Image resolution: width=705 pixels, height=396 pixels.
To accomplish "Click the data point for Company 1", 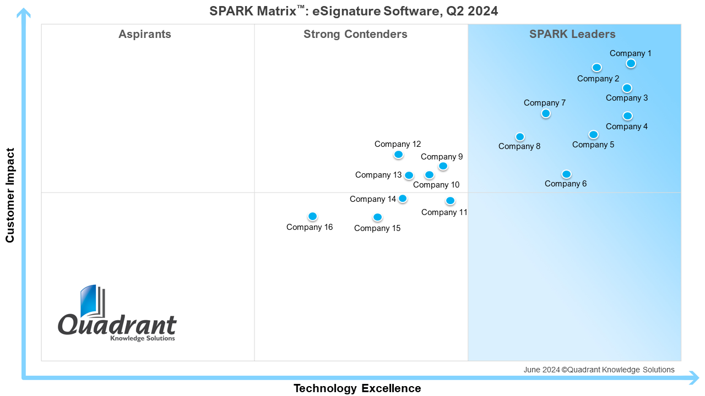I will click(x=631, y=63).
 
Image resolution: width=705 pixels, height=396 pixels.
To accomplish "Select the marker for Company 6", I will click(x=566, y=174).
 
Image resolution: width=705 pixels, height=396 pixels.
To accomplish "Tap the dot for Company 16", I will click(x=312, y=216).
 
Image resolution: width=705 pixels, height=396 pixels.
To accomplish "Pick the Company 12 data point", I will click(x=398, y=155).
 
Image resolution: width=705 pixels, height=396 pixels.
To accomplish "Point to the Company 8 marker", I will click(x=520, y=136).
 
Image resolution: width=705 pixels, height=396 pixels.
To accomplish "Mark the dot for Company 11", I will click(x=450, y=201).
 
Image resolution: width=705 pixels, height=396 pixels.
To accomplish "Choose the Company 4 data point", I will click(x=627, y=116).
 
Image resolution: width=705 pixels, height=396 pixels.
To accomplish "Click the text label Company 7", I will click(x=544, y=103).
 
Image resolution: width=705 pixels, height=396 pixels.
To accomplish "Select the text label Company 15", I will click(x=377, y=228).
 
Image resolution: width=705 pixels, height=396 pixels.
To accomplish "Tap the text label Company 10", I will click(x=436, y=185).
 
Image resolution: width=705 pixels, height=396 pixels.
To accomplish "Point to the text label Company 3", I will click(x=627, y=98).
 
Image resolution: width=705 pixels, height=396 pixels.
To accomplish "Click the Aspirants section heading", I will click(x=145, y=34).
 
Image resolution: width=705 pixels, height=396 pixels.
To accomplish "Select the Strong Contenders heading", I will click(x=355, y=34).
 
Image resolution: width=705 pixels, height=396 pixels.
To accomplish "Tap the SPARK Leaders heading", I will click(x=572, y=34).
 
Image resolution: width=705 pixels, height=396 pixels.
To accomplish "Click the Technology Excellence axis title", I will click(x=357, y=388).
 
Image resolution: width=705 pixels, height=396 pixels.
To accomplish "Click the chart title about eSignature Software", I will click(x=354, y=11).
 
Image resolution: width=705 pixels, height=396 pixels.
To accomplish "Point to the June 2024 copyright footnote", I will click(x=599, y=370).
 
